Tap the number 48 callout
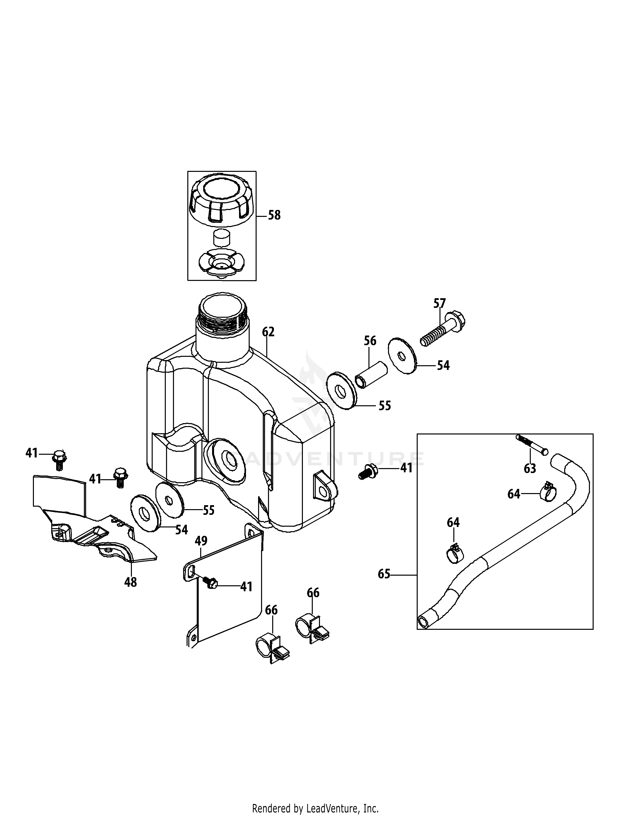(130, 582)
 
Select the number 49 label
(201, 541)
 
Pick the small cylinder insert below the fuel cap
(222, 238)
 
